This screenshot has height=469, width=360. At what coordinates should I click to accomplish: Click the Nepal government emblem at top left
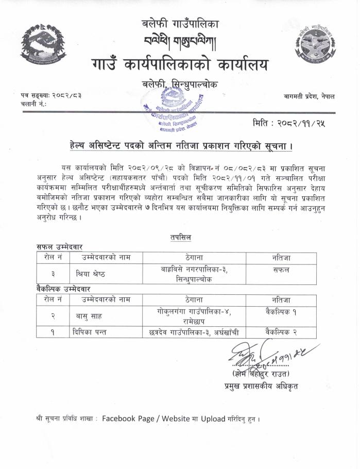click(x=43, y=42)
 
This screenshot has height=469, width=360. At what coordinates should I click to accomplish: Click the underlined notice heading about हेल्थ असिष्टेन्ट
click(x=181, y=146)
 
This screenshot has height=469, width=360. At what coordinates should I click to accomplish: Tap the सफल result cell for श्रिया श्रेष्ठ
click(x=281, y=270)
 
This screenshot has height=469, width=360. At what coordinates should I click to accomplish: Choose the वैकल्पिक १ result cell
click(x=281, y=311)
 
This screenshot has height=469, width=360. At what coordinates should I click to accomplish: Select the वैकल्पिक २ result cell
click(x=281, y=332)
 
